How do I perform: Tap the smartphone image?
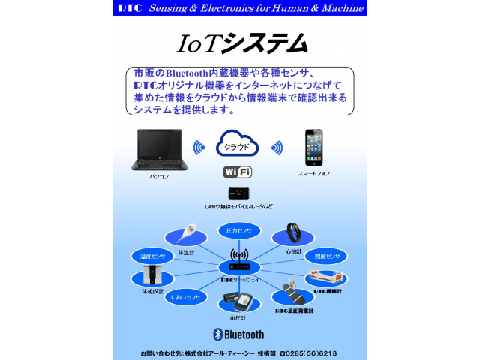[313, 147]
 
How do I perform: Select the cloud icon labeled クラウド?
[237, 143]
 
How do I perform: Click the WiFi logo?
[237, 172]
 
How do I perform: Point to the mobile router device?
[238, 193]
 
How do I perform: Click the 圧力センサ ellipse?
[239, 230]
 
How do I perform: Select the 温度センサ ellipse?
[152, 256]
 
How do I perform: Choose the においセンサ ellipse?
[184, 297]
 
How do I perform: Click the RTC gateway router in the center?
[239, 266]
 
